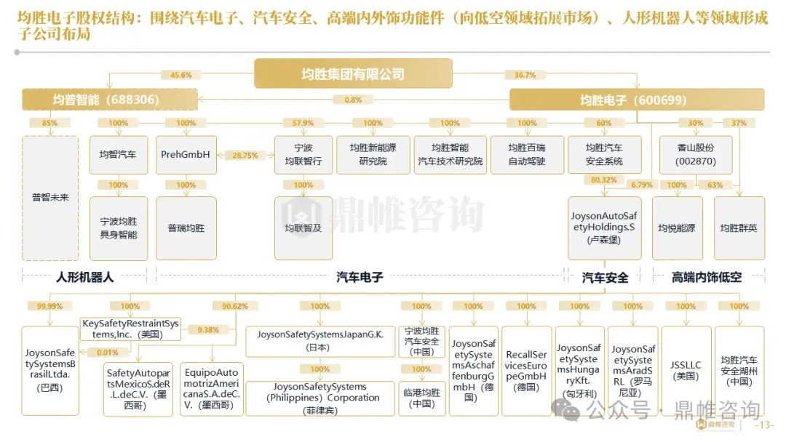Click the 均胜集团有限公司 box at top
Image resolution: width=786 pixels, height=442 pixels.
[x=353, y=73]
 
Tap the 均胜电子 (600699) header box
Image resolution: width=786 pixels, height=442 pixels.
[x=636, y=100]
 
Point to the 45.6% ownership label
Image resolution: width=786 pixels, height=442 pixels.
[x=181, y=75]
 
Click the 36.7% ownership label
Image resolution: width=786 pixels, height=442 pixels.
[x=525, y=75]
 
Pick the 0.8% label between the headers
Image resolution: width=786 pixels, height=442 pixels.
[x=353, y=100]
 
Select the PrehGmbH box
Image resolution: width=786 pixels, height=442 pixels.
[x=186, y=155]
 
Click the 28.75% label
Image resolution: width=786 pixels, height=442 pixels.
[x=245, y=156]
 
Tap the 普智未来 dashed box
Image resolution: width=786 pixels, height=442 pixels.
[x=50, y=198]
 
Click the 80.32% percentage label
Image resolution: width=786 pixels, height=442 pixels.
[x=604, y=180]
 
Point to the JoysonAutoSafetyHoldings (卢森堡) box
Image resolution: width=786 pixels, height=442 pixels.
[x=604, y=228]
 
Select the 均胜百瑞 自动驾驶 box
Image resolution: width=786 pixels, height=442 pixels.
[x=527, y=155]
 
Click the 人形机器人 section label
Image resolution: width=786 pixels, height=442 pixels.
[x=85, y=277]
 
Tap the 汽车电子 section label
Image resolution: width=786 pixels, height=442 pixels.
[x=360, y=277]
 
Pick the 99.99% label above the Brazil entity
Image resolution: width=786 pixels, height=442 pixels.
[x=49, y=306]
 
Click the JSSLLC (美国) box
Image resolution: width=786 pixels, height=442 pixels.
[x=686, y=371]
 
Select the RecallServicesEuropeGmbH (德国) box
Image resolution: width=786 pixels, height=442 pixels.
[x=526, y=371]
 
